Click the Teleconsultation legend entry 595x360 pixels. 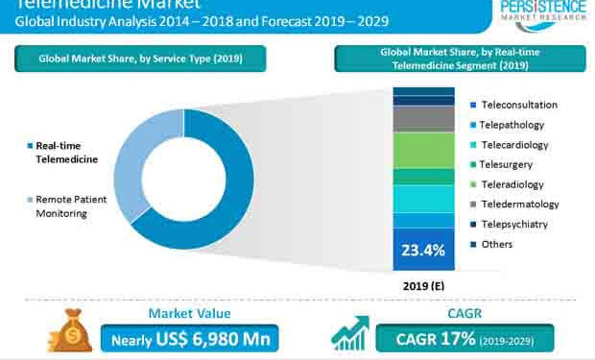[519, 105]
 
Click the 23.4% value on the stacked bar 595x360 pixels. [423, 252]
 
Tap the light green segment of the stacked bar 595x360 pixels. [423, 152]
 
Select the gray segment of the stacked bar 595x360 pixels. [423, 118]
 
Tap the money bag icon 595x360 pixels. [71, 332]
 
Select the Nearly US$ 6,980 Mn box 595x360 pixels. [188, 338]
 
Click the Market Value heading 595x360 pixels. [188, 313]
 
